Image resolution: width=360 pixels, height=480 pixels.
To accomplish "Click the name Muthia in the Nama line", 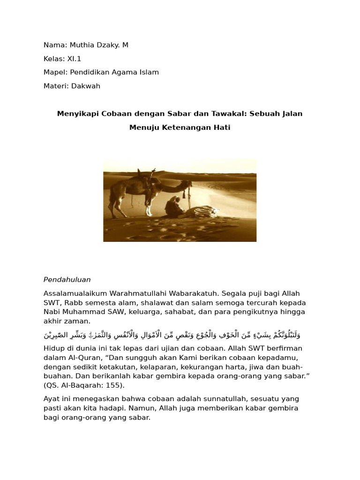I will click(x=82, y=45).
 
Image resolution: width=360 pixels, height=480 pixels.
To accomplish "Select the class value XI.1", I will click(x=74, y=59).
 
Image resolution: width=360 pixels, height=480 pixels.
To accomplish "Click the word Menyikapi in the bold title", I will click(x=77, y=113).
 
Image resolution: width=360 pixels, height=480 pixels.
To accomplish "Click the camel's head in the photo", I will click(x=186, y=183).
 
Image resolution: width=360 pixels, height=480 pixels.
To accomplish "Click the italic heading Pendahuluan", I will click(x=67, y=279).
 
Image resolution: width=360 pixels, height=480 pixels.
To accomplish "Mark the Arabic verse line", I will click(x=172, y=335).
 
